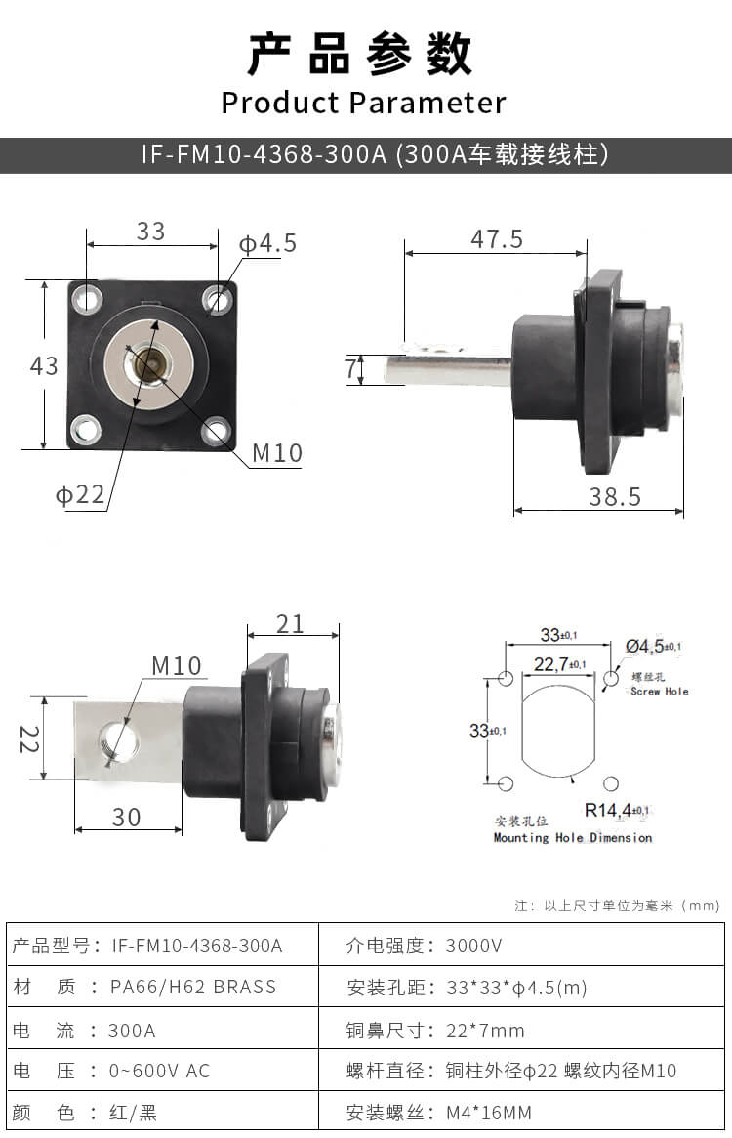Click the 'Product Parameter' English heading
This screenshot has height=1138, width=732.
point(363,103)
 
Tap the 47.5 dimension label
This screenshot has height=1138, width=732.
point(497,238)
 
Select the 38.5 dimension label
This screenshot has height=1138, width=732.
point(615,496)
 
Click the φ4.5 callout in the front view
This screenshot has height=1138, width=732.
point(267,243)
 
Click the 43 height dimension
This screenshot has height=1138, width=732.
point(44,365)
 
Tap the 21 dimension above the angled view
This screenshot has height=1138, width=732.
point(291,623)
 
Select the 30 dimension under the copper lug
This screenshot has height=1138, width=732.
point(126,817)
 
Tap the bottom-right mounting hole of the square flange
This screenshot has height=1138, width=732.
point(216,429)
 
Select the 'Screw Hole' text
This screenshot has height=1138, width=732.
point(659,692)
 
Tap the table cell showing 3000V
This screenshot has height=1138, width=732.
point(475,946)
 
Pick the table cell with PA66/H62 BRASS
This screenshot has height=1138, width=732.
point(194,987)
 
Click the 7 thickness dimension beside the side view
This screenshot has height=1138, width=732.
point(351,368)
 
